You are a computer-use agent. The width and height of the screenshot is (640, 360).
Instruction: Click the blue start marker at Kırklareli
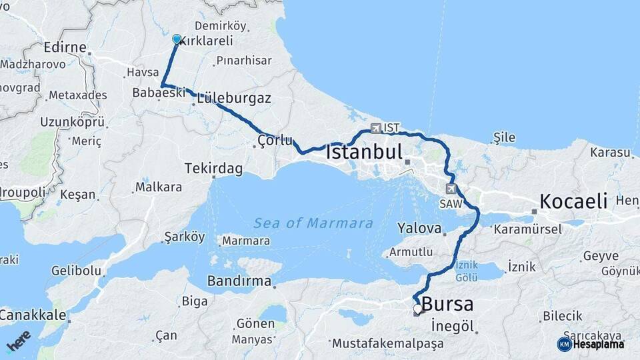(177, 39)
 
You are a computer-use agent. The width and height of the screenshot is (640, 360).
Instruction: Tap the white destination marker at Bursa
(418, 309)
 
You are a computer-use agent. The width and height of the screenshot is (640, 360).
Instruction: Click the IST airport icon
(377, 128)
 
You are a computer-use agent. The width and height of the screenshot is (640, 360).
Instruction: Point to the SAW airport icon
(451, 189)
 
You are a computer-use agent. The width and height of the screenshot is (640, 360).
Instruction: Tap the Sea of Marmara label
(313, 223)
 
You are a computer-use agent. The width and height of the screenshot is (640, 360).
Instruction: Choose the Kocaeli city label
(573, 201)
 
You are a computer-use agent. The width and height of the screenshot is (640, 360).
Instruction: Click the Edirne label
(65, 47)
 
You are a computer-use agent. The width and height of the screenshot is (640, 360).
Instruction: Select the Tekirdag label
(213, 169)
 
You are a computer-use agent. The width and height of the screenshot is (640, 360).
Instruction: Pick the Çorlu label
(275, 140)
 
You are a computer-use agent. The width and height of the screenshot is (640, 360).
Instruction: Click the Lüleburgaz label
(233, 99)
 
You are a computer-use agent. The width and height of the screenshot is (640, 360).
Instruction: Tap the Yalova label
(419, 229)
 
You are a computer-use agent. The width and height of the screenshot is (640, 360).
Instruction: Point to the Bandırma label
(239, 281)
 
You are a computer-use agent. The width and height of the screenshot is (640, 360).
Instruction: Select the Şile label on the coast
(504, 137)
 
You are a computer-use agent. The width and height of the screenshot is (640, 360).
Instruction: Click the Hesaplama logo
(591, 344)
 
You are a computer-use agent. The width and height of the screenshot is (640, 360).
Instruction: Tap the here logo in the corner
(19, 341)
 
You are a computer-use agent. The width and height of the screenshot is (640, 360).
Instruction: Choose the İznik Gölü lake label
(467, 270)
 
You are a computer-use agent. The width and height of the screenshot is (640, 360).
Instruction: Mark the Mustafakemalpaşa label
(387, 344)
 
